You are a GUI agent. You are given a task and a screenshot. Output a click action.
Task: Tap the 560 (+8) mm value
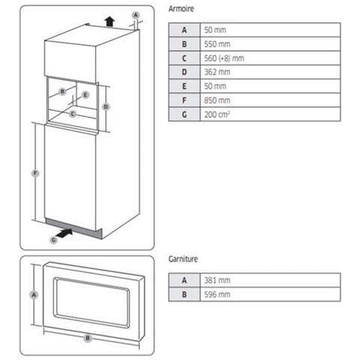(223, 58)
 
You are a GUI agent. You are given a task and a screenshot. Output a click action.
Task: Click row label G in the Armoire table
(184, 115)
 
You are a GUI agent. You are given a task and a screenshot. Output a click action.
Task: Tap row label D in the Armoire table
(184, 72)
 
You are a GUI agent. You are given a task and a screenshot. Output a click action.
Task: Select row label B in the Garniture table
(184, 294)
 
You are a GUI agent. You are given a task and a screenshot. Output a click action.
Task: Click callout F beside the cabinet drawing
(34, 174)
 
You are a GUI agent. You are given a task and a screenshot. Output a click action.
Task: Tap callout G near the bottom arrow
(52, 239)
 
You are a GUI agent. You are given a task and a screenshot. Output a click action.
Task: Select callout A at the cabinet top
(135, 14)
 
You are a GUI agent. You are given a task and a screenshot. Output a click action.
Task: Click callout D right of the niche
(106, 106)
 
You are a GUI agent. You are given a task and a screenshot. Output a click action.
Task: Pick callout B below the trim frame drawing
(88, 338)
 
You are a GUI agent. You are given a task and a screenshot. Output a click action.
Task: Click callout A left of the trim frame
(33, 295)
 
